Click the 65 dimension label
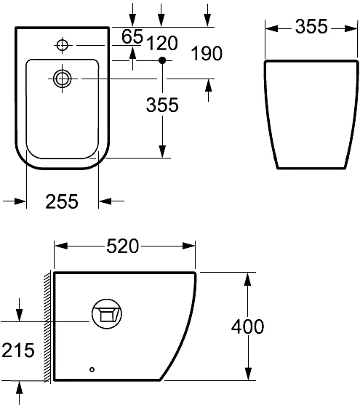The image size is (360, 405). pos(132,36)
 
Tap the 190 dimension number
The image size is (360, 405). pos(207,54)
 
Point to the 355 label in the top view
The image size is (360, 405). pos(161,105)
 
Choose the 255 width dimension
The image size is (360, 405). pos(63,202)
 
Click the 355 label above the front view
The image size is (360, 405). pos(311,28)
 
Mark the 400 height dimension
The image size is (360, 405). pos(247,327)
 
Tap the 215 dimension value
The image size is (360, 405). pos(17,350)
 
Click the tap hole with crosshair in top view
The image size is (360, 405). pos(62,46)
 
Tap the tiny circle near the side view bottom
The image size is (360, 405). pos(92,369)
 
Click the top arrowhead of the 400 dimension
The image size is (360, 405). pos(249,279)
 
